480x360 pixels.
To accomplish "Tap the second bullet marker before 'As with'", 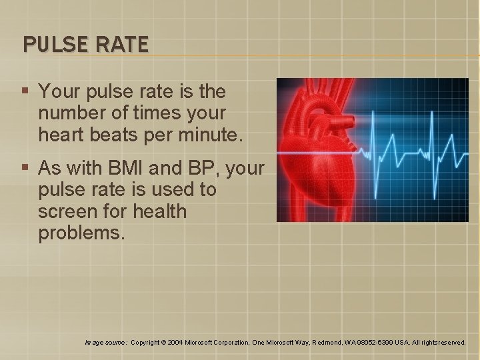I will [x=25, y=167].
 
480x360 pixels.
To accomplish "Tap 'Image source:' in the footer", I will [x=106, y=343].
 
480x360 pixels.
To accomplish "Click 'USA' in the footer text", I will [x=402, y=343].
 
